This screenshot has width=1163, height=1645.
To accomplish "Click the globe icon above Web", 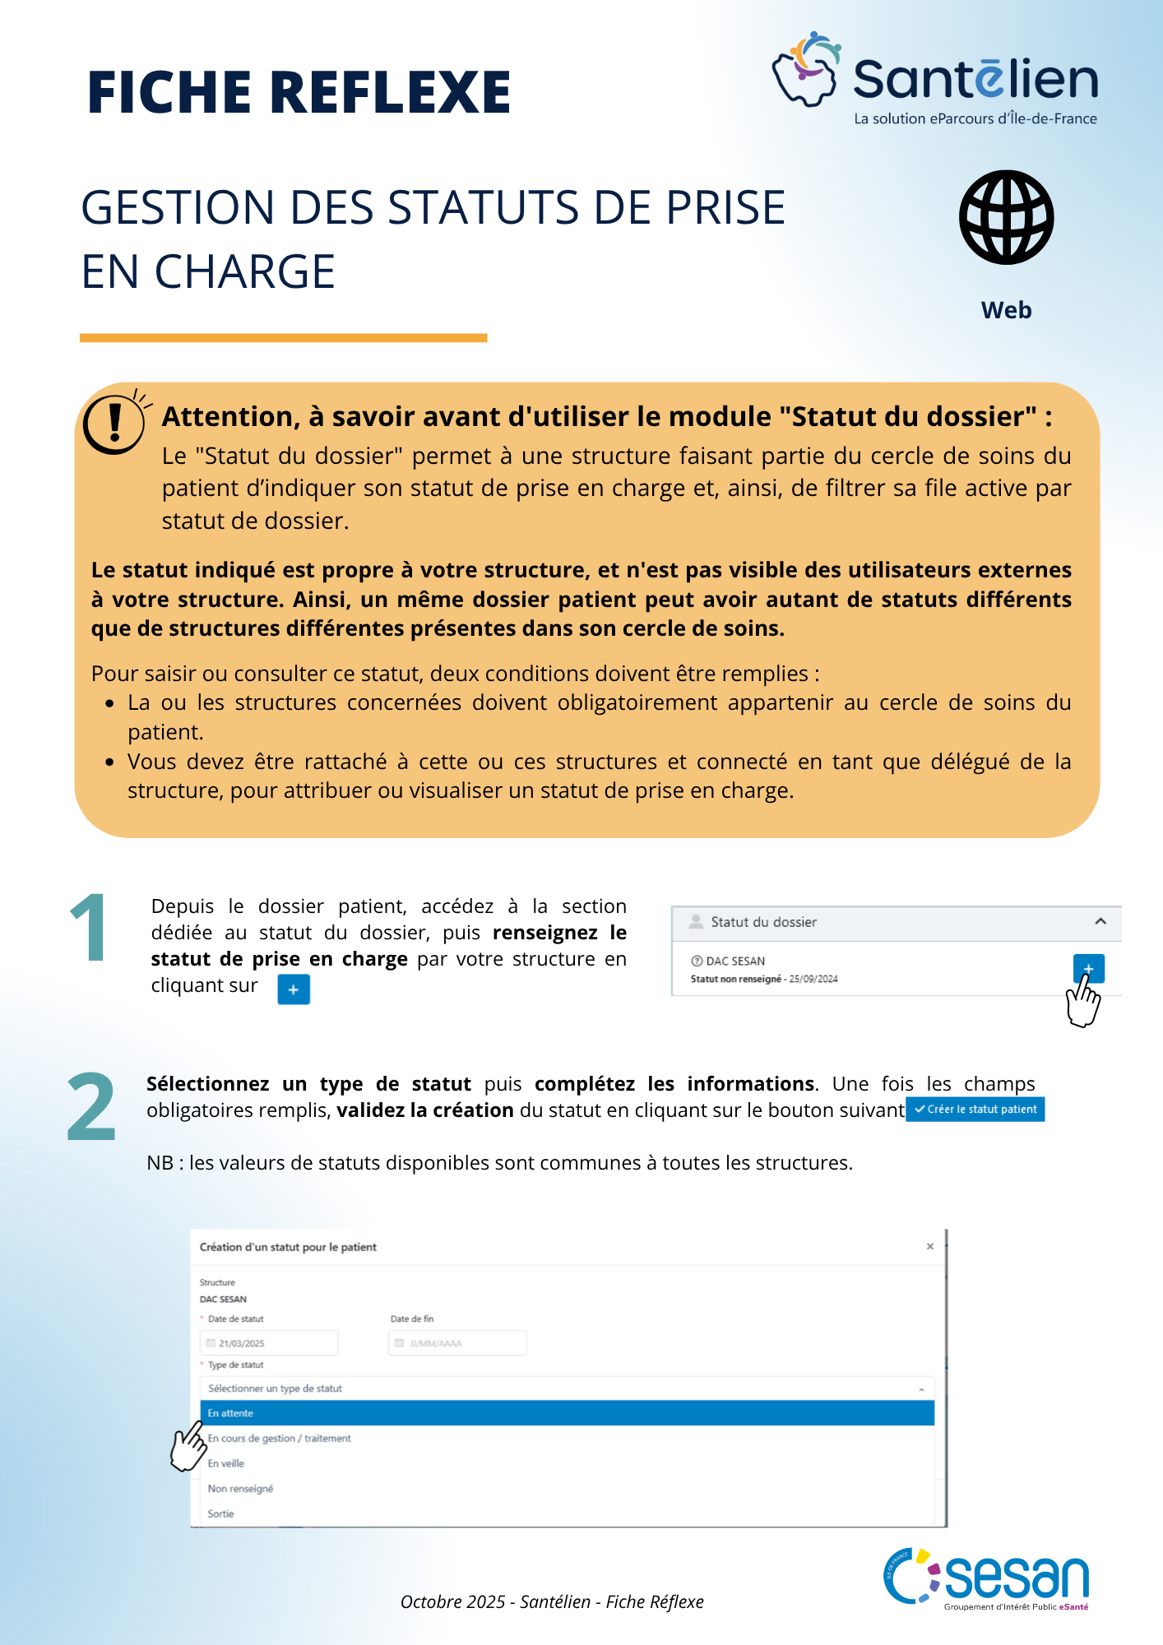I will tap(1006, 217).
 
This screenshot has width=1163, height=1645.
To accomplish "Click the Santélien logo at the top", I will tap(935, 79).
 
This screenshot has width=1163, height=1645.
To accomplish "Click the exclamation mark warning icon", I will tap(114, 423).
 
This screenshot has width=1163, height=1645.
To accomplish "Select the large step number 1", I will tap(88, 929).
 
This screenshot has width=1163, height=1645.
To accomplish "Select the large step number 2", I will tap(90, 1107).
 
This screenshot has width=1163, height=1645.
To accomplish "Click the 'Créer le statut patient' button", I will tap(975, 1110).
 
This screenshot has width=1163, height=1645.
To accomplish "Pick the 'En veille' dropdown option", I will tap(226, 1463).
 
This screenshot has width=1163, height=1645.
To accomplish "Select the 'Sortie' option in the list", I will tap(221, 1513).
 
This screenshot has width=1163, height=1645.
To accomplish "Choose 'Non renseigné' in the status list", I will tap(240, 1489).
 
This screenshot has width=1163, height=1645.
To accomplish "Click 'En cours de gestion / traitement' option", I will tap(280, 1439).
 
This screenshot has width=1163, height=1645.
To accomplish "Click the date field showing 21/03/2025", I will tap(269, 1343).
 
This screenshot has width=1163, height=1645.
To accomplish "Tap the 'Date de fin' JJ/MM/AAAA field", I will tap(457, 1343).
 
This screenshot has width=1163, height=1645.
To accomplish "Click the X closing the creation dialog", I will tap(930, 1247).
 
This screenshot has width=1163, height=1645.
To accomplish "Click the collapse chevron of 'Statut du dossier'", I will tap(1100, 922).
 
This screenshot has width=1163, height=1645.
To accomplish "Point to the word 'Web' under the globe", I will tap(1006, 310).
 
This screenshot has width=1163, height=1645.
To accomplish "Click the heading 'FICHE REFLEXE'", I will tap(299, 91).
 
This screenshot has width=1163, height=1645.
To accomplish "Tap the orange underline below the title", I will tap(283, 338).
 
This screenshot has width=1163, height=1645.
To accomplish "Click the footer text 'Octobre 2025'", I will tap(452, 1601).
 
